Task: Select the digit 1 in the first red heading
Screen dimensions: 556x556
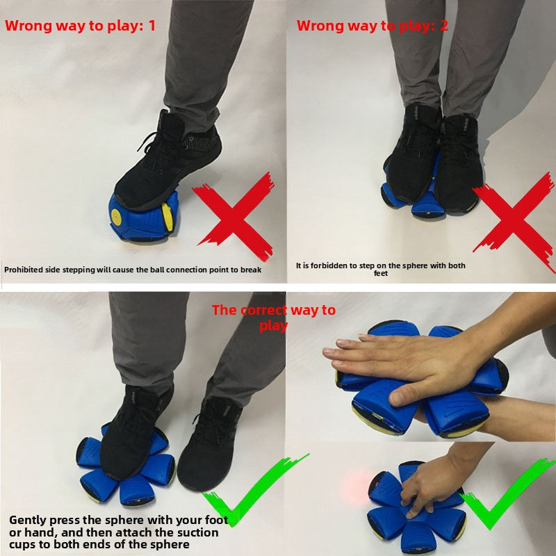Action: (152, 26)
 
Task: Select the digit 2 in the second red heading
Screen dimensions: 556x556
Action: (444, 26)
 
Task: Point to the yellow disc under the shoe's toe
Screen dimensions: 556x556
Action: (167, 217)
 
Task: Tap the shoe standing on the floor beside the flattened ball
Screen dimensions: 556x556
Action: (210, 444)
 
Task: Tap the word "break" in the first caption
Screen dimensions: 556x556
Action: (251, 270)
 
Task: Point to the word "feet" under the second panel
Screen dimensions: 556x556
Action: (380, 273)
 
